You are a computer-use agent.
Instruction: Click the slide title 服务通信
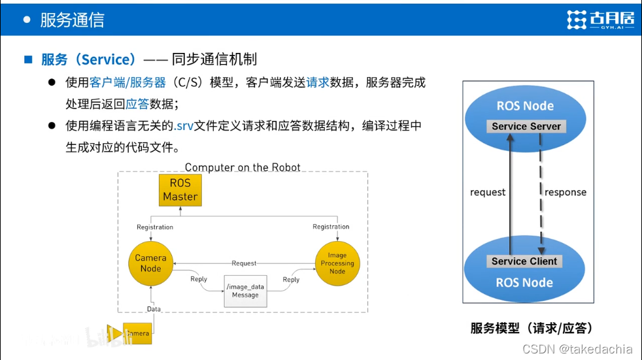72,20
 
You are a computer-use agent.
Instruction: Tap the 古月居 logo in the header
600,20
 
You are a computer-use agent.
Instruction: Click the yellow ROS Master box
180,190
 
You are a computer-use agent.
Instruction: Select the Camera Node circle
150,263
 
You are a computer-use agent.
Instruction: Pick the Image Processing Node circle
337,263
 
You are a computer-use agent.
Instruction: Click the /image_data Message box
246,291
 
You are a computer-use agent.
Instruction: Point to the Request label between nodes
244,263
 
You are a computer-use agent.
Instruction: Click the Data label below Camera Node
154,309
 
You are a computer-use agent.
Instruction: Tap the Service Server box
526,127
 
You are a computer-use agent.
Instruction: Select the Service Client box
524,261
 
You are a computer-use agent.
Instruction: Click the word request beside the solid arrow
488,193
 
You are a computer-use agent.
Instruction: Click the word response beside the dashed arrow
566,193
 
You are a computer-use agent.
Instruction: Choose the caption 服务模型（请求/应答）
532,328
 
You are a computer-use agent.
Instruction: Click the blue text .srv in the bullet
186,125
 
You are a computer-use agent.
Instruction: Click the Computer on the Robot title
243,167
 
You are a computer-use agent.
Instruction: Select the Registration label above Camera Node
155,227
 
